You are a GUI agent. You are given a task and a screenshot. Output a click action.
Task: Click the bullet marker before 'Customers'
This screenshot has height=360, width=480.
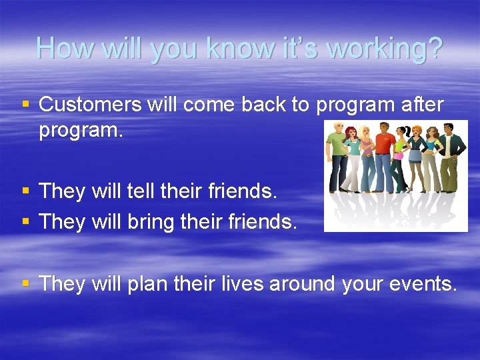tap(26, 105)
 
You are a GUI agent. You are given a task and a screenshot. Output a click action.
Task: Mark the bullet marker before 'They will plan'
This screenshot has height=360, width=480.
tap(26, 284)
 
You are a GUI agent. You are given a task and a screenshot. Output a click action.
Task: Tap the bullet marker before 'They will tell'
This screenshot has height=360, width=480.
tap(26, 191)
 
